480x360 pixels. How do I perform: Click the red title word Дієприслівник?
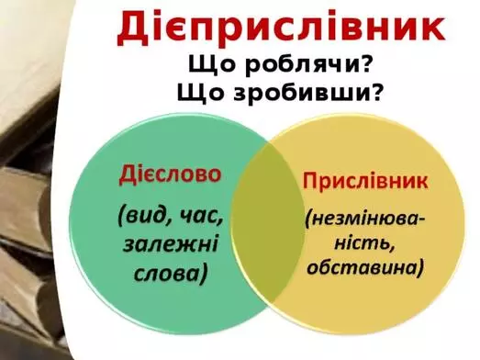point(282,29)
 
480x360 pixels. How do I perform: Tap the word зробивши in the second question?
point(307,93)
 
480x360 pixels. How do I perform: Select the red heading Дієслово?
point(172,174)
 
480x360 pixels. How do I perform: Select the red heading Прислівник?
point(365,181)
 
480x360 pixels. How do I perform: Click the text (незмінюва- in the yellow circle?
point(364,220)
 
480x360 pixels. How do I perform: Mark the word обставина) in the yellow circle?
point(364,268)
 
